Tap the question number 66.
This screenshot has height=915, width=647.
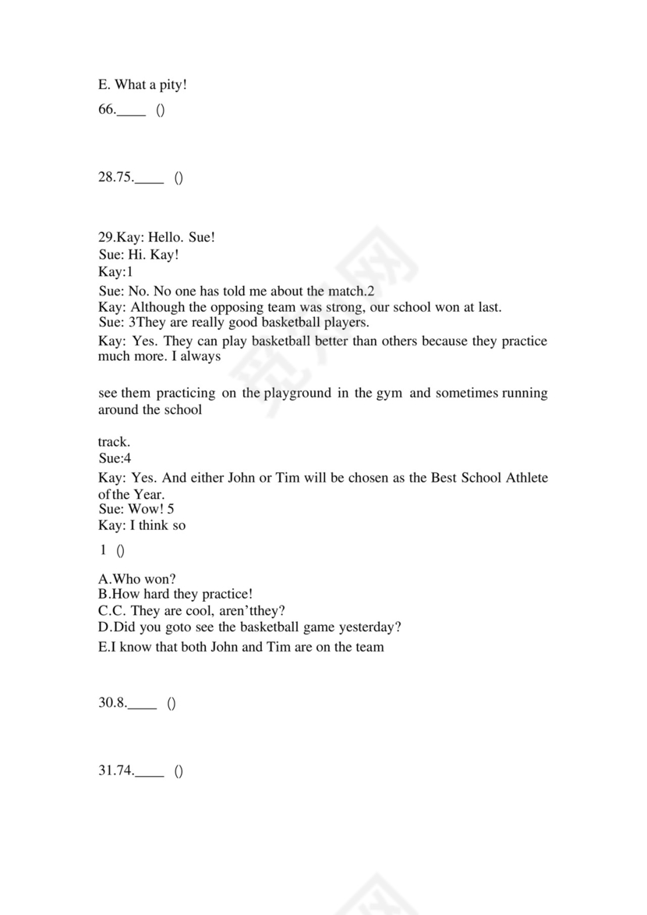pyautogui.click(x=107, y=111)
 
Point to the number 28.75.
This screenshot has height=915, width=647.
pyautogui.click(x=115, y=178)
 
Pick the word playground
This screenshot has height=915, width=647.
pyautogui.click(x=297, y=393)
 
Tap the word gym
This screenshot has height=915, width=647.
pyautogui.click(x=388, y=393)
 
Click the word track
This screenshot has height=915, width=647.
pyautogui.click(x=114, y=442)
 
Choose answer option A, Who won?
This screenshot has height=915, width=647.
pyautogui.click(x=137, y=578)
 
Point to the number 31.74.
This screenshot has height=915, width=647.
pyautogui.click(x=115, y=772)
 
